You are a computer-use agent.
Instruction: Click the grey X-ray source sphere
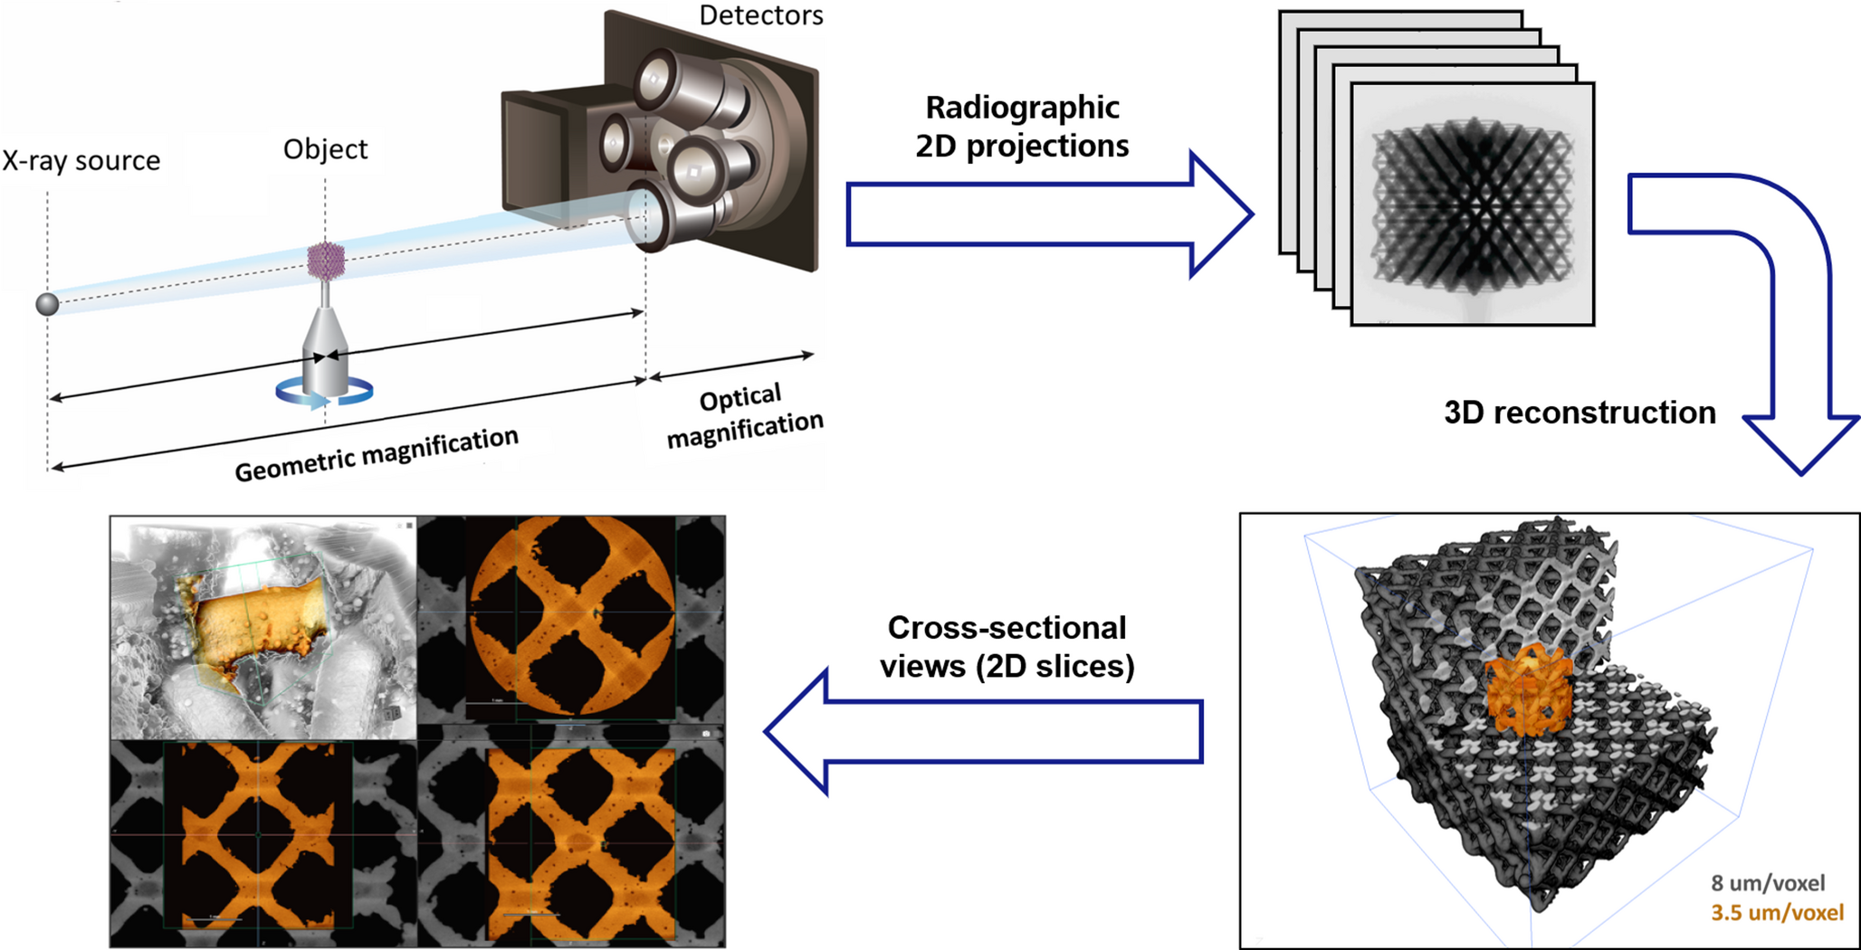(47, 304)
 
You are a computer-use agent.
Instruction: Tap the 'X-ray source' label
(81, 161)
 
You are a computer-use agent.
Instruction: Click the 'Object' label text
(325, 149)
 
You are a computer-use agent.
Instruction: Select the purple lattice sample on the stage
(326, 261)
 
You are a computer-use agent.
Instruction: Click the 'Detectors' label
(760, 15)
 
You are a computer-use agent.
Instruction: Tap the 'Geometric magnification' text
(377, 454)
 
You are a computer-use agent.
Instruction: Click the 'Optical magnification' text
(743, 415)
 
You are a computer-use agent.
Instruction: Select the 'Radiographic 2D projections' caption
(1022, 127)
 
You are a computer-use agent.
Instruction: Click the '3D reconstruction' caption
(1579, 413)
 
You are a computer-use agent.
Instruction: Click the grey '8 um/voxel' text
(1767, 883)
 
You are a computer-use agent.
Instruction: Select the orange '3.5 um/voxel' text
(1776, 912)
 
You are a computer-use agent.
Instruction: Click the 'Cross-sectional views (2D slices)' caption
(1007, 647)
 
